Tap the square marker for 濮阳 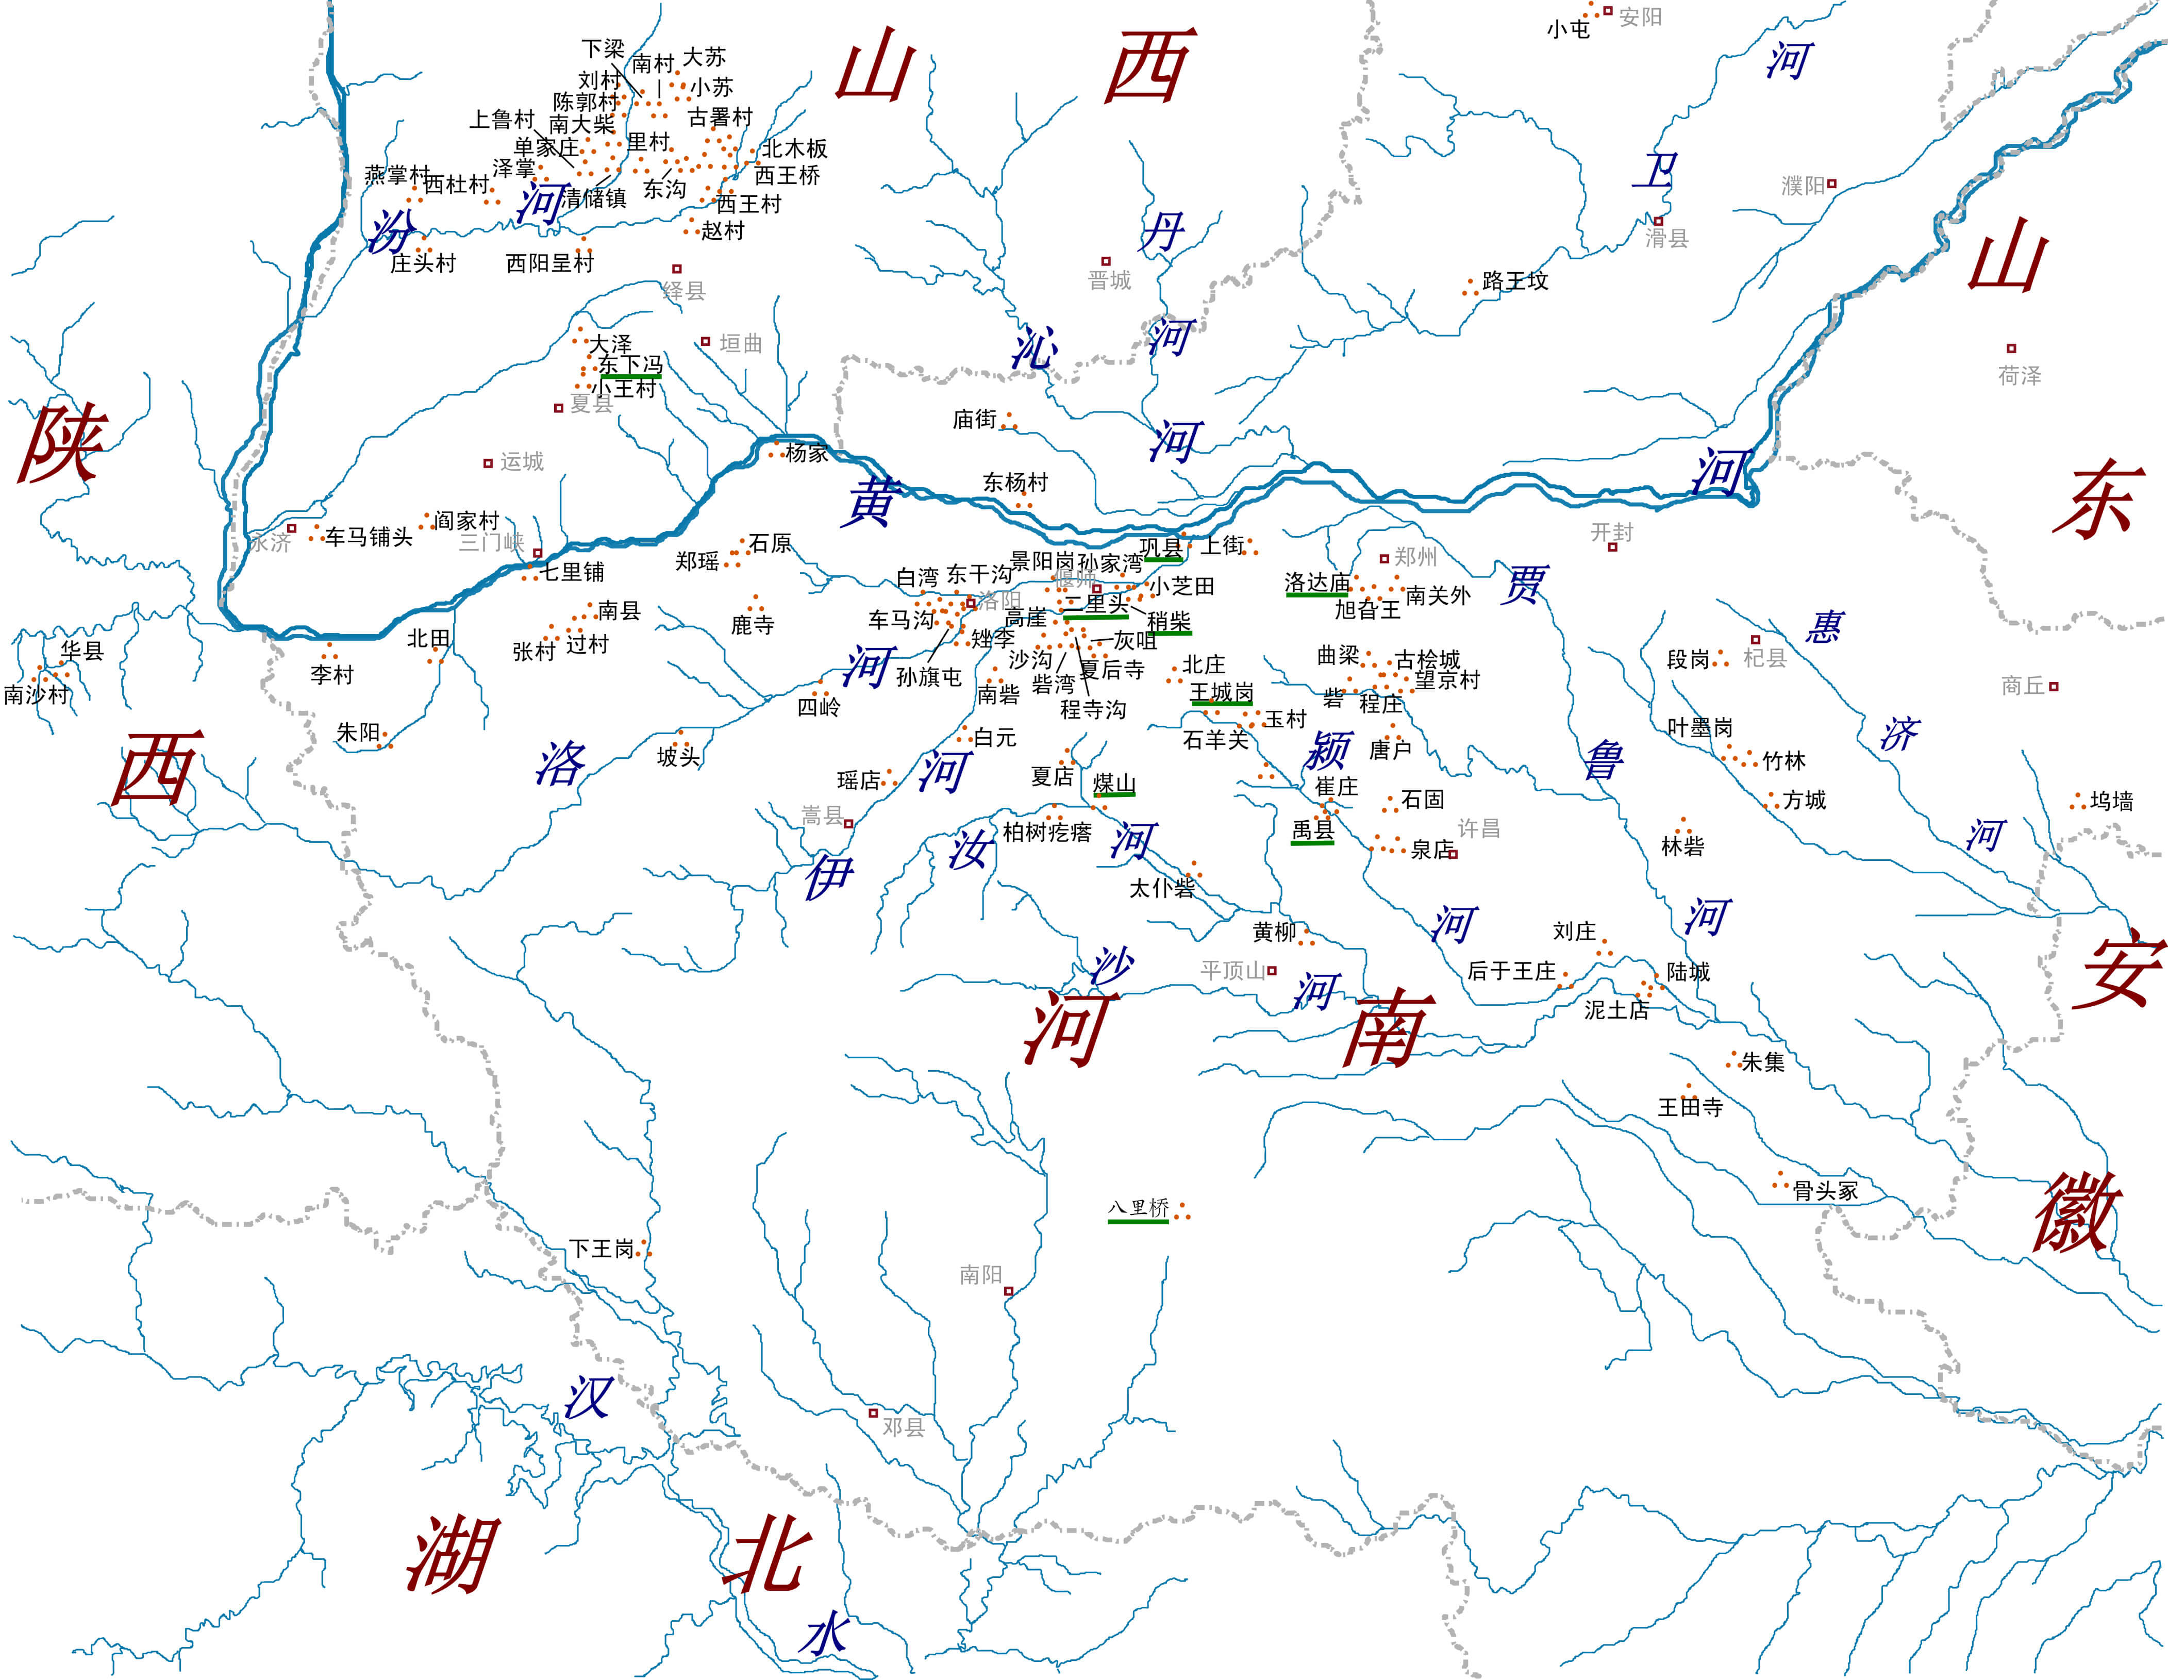point(1831,184)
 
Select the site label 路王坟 point(1515,281)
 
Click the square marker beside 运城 point(488,463)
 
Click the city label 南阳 point(981,1274)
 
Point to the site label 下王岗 point(602,1248)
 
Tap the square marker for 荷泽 point(2011,348)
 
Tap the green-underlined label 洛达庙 point(1318,583)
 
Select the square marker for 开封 point(1612,547)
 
